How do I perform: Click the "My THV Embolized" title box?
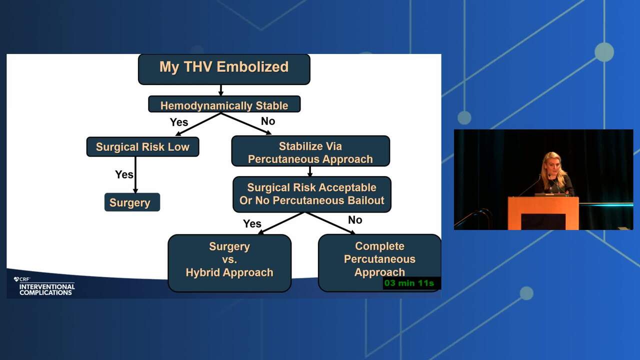click(224, 69)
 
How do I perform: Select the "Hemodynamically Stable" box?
click(224, 104)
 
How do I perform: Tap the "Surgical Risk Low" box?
click(142, 147)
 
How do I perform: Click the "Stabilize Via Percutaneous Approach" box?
click(310, 151)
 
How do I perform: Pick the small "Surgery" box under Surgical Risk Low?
click(132, 202)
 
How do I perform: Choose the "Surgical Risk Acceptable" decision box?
click(311, 194)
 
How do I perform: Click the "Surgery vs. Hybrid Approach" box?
click(229, 263)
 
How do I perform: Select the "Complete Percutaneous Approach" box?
click(379, 263)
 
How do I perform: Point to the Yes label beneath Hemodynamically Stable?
click(179, 122)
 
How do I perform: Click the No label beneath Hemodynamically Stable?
click(268, 121)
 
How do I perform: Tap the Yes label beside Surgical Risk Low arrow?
click(124, 174)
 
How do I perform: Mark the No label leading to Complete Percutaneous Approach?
click(355, 220)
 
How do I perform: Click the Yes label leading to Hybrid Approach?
click(252, 223)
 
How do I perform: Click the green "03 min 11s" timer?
click(409, 283)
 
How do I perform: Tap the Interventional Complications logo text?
click(47, 289)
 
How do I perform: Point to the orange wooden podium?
click(543, 213)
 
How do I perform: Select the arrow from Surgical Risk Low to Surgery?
click(135, 175)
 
